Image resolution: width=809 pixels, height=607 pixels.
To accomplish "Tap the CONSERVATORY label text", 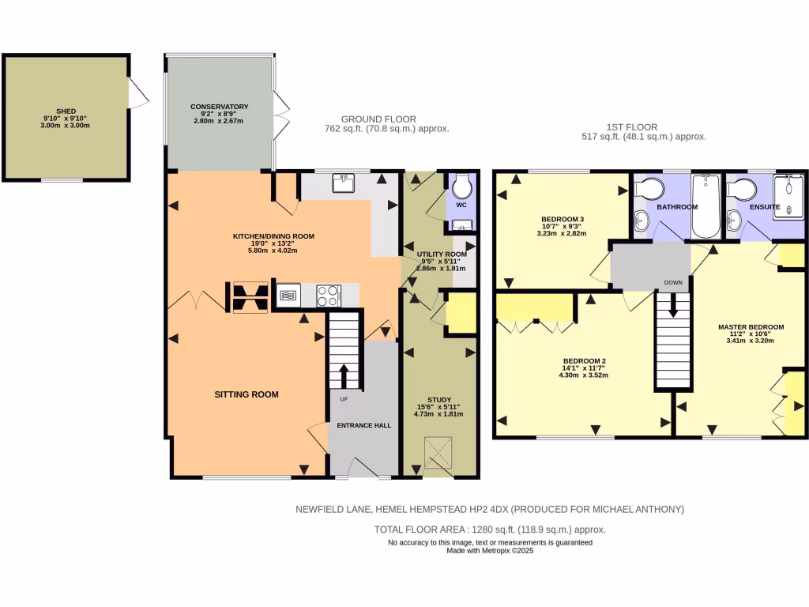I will [219, 107].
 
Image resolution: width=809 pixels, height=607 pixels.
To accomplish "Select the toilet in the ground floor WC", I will [462, 188].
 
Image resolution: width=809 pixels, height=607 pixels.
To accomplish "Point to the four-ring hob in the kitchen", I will [328, 296].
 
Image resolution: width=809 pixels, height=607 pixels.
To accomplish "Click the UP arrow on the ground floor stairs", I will [344, 375].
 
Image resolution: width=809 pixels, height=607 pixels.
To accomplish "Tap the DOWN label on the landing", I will [673, 282].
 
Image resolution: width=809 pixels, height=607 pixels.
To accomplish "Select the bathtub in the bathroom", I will [705, 205].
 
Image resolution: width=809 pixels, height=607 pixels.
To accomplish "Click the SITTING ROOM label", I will [246, 394].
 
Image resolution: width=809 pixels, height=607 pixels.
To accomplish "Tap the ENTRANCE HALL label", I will [363, 425].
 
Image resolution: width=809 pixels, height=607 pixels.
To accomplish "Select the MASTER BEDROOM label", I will [751, 327].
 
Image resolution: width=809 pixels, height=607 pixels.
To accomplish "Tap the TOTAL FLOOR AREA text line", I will [490, 530].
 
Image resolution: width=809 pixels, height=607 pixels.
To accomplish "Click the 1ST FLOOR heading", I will [631, 127].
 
